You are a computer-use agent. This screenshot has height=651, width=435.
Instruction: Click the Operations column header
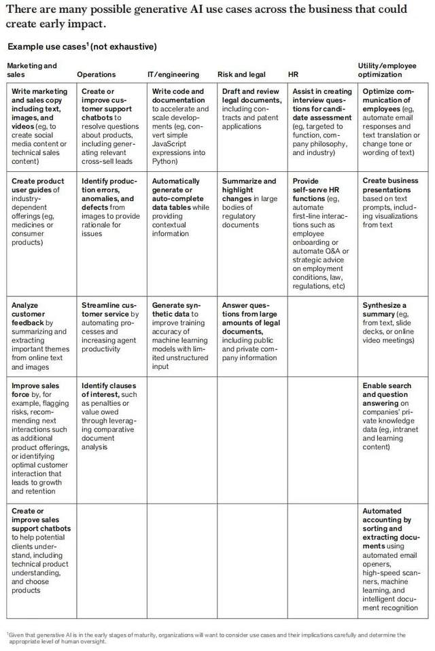coord(97,74)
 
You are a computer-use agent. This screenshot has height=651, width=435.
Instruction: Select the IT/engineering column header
coord(173,74)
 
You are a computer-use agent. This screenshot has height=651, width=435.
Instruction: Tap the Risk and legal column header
coord(241,74)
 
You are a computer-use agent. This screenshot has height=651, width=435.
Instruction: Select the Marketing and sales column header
coord(32,69)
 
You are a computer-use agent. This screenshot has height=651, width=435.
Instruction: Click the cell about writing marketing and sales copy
coord(40,126)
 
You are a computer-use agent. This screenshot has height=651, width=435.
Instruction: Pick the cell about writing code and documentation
coord(180,126)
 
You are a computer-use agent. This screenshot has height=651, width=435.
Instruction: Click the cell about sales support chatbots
coord(40,550)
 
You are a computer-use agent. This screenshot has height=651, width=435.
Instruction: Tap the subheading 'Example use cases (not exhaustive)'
coord(82,47)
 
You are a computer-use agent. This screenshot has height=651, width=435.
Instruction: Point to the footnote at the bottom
coord(204,638)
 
